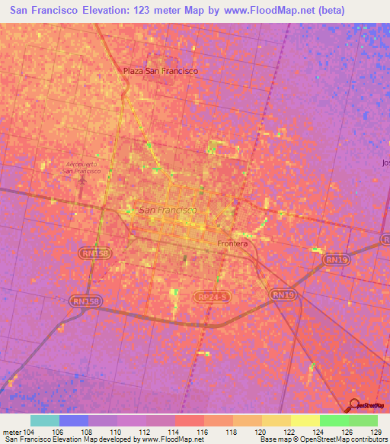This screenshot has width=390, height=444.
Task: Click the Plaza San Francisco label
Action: point(161,71)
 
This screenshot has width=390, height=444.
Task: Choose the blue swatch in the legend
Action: point(73,420)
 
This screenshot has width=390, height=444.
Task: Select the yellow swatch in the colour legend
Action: point(305,420)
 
